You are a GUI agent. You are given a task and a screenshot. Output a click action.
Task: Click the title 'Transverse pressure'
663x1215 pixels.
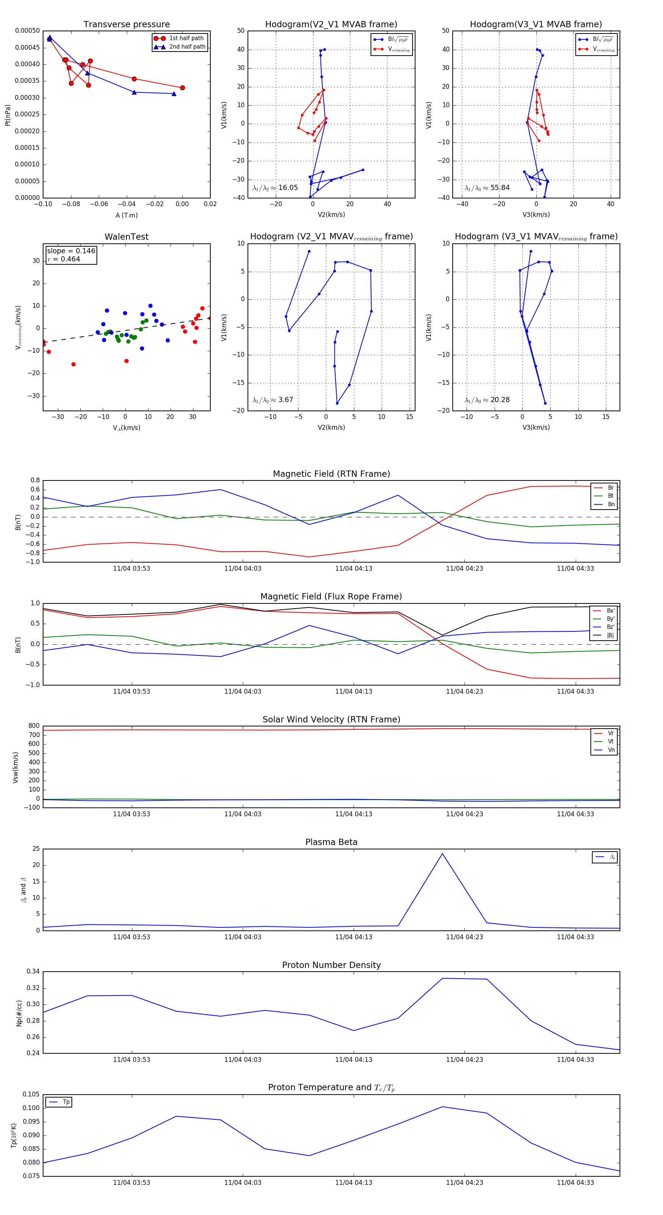coord(126,25)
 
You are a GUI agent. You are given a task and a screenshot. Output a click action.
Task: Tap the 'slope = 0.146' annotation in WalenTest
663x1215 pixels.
coord(71,251)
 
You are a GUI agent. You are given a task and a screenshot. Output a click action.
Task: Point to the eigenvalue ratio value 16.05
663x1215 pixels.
coord(288,188)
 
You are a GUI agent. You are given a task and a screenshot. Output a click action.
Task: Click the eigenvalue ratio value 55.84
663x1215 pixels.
coord(500,188)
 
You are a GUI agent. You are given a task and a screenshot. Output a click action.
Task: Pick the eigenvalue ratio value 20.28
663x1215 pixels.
coord(500,400)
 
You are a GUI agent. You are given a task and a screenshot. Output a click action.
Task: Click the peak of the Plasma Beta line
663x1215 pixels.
coord(442,854)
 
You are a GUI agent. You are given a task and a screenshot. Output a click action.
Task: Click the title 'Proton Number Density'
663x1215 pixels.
coord(331,965)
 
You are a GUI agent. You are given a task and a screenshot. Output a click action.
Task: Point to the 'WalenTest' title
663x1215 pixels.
coord(126,237)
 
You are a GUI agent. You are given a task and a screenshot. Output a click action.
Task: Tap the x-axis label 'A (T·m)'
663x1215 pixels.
coord(126,215)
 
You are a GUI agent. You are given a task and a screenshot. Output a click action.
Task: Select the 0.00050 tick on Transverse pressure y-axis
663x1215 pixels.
coord(27,31)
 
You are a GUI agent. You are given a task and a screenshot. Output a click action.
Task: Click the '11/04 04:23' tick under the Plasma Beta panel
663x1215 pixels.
coord(464,937)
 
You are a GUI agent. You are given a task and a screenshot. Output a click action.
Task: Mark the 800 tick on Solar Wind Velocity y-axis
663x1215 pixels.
coord(34,726)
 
